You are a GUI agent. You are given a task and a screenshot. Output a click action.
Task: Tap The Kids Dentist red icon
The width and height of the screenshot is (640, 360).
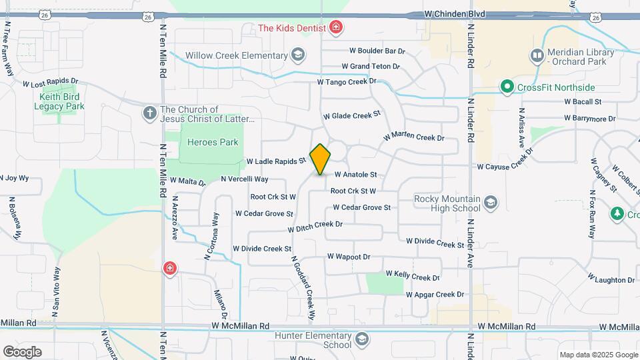point(337,28)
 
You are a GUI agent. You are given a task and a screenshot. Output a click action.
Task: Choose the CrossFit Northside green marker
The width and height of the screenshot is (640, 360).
point(507,87)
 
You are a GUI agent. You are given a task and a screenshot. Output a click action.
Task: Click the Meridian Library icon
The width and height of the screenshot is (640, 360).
point(537,55)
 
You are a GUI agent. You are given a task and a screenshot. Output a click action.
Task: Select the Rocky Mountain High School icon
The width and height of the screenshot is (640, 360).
point(491,202)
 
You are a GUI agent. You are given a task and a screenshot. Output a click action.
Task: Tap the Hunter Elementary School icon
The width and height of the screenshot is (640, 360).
point(361,340)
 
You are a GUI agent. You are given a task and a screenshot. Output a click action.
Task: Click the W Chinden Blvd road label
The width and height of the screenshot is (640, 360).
point(455,14)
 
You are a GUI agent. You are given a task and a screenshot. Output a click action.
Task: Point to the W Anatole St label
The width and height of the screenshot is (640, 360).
point(355,175)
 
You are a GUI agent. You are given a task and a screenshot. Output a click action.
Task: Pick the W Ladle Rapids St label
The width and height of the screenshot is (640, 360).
point(275,161)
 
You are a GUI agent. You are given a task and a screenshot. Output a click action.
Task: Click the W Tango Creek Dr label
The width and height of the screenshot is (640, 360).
point(347,82)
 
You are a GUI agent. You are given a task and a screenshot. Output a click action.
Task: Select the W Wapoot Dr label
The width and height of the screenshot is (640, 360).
point(348,257)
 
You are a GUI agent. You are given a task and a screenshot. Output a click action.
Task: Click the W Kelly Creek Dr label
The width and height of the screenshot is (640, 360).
point(413,276)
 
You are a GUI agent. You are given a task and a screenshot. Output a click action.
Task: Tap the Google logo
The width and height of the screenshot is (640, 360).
point(22,352)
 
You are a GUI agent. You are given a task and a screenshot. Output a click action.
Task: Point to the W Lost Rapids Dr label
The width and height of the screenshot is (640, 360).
point(51,84)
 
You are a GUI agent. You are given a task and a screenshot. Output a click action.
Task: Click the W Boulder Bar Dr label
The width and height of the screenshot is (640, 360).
point(377,51)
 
